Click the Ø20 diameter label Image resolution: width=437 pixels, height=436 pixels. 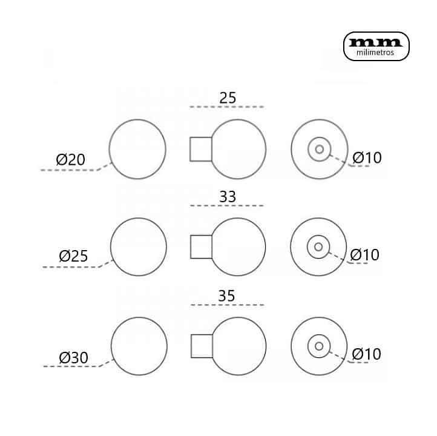pyautogui.click(x=70, y=160)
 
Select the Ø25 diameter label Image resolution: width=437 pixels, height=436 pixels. pyautogui.click(x=73, y=256)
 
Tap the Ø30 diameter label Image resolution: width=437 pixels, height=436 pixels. pyautogui.click(x=74, y=358)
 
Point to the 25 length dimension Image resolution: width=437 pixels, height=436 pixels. pyautogui.click(x=228, y=98)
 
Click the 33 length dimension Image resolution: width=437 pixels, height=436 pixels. pyautogui.click(x=228, y=197)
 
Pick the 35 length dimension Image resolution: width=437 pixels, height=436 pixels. pyautogui.click(x=226, y=296)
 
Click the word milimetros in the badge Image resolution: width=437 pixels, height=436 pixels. pyautogui.click(x=375, y=53)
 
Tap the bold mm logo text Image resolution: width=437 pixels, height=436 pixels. pyautogui.click(x=375, y=42)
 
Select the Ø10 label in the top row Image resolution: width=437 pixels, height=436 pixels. pyautogui.click(x=367, y=158)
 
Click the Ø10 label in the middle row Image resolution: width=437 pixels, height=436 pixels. pyautogui.click(x=364, y=255)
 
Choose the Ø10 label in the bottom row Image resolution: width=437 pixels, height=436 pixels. pyautogui.click(x=367, y=354)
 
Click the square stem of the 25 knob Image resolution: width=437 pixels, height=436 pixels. pyautogui.click(x=201, y=149)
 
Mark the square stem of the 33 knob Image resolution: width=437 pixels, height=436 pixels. pyautogui.click(x=201, y=246)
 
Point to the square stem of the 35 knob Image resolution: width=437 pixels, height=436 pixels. pyautogui.click(x=202, y=346)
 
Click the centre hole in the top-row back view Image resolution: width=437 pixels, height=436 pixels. pyautogui.click(x=320, y=150)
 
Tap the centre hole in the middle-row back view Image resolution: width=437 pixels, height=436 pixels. pyautogui.click(x=318, y=246)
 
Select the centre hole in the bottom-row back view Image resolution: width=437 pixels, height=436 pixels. pyautogui.click(x=319, y=346)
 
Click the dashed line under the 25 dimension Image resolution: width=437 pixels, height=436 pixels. pyautogui.click(x=226, y=107)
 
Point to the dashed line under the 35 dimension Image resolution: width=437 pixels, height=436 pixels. pyautogui.click(x=228, y=305)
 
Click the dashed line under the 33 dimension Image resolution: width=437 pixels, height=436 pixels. pyautogui.click(x=227, y=206)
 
